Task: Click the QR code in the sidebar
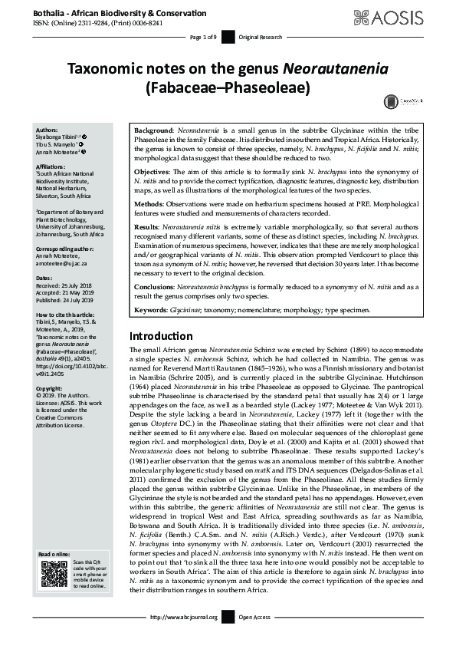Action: [x=54, y=574]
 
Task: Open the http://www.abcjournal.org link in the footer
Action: [x=184, y=638]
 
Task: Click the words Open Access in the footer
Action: [x=255, y=638]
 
